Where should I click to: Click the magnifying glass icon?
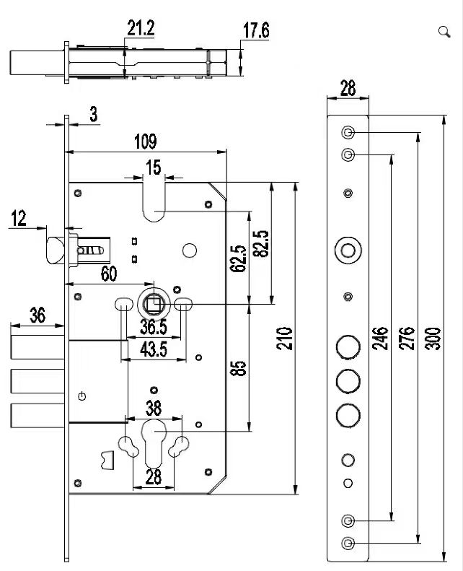444,32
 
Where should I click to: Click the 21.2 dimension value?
141,27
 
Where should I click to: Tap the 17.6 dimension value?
256,30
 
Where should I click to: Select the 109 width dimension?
146,141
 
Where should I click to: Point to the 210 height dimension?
284,339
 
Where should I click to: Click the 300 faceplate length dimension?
433,339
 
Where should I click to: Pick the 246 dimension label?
380,339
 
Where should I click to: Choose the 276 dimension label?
406,339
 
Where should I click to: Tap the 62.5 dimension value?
238,258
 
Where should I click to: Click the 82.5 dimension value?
261,243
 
